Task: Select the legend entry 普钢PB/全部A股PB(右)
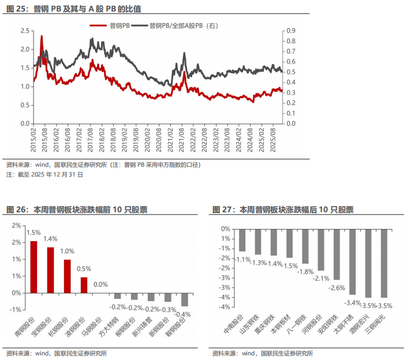coord(183,25)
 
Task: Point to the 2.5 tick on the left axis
coord(24,31)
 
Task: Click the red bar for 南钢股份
coord(33,267)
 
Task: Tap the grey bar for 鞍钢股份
coord(185,299)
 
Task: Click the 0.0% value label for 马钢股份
coord(100,284)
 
